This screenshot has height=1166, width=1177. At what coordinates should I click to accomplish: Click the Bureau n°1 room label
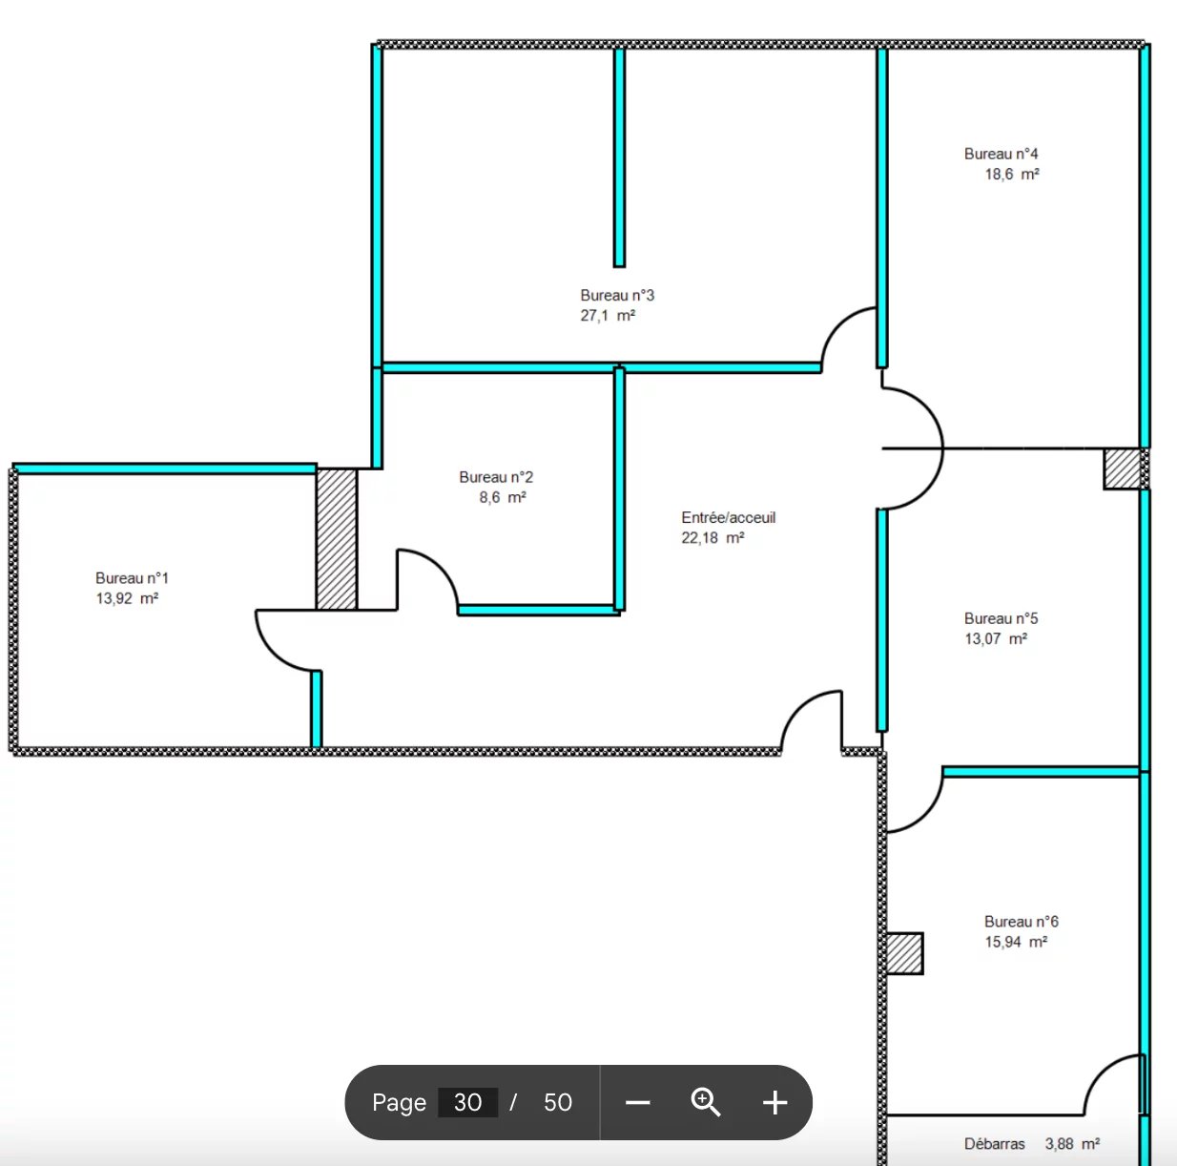[x=132, y=577]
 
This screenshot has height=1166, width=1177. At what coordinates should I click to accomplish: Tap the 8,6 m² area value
[x=503, y=497]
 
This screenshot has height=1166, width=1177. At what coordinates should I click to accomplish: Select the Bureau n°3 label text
[x=617, y=295]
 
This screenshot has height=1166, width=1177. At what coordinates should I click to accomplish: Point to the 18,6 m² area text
[x=1012, y=175]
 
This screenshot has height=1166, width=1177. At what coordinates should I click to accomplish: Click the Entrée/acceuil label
[x=729, y=517]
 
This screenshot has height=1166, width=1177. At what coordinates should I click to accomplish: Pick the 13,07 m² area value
[x=996, y=638]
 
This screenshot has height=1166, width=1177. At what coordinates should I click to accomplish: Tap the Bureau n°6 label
[x=1022, y=922]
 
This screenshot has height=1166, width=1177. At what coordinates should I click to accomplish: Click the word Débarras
[x=995, y=1144]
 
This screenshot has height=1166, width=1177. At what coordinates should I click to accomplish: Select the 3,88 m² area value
[x=1072, y=1143]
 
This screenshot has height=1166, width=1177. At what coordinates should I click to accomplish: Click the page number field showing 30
[x=468, y=1102]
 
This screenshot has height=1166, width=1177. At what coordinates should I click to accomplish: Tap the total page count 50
[x=558, y=1102]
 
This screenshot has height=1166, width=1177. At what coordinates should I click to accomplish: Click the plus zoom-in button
[x=775, y=1102]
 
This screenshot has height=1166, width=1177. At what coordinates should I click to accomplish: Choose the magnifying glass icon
[x=706, y=1102]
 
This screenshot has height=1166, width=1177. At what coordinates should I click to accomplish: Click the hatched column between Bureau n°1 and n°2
[x=337, y=539]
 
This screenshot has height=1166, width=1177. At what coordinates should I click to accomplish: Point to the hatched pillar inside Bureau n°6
[x=904, y=953]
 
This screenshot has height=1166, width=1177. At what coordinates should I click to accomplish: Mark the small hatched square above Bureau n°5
[x=1123, y=469]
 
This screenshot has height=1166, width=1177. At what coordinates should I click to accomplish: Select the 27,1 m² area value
[x=608, y=315]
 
